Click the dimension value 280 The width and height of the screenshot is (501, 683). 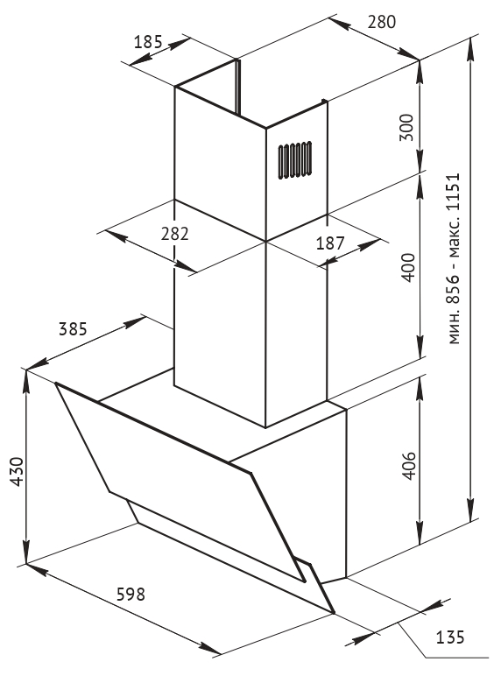click(382, 21)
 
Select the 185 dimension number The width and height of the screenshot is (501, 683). click(148, 42)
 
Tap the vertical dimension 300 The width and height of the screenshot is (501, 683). click(406, 127)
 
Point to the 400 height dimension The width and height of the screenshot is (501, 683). click(408, 267)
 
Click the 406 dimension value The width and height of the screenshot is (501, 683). click(408, 466)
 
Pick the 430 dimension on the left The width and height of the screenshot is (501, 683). click(17, 471)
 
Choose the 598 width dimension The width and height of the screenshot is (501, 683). click(131, 594)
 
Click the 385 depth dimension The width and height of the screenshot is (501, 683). click(74, 329)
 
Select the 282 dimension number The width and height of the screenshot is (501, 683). click(175, 234)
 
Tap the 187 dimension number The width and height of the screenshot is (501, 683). click(330, 243)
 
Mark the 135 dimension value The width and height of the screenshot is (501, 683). click(450, 637)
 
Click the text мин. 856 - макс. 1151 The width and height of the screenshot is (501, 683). click(454, 258)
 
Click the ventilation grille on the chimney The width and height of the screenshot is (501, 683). click(295, 160)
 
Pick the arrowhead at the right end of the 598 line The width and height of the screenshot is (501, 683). click(210, 648)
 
